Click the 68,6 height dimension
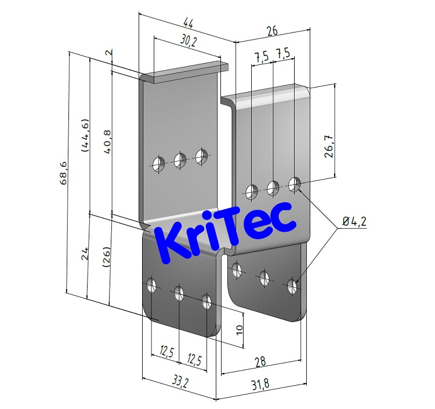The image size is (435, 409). click(63, 173)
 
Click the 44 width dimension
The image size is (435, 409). click(187, 24)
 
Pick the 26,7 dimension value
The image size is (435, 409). click(328, 147)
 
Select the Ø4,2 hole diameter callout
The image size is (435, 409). click(354, 221)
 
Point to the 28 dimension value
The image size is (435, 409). click(259, 362)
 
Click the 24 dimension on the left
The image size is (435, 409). click(85, 253)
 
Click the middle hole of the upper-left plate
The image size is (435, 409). click(179, 160)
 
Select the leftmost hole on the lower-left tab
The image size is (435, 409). click(152, 284)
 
